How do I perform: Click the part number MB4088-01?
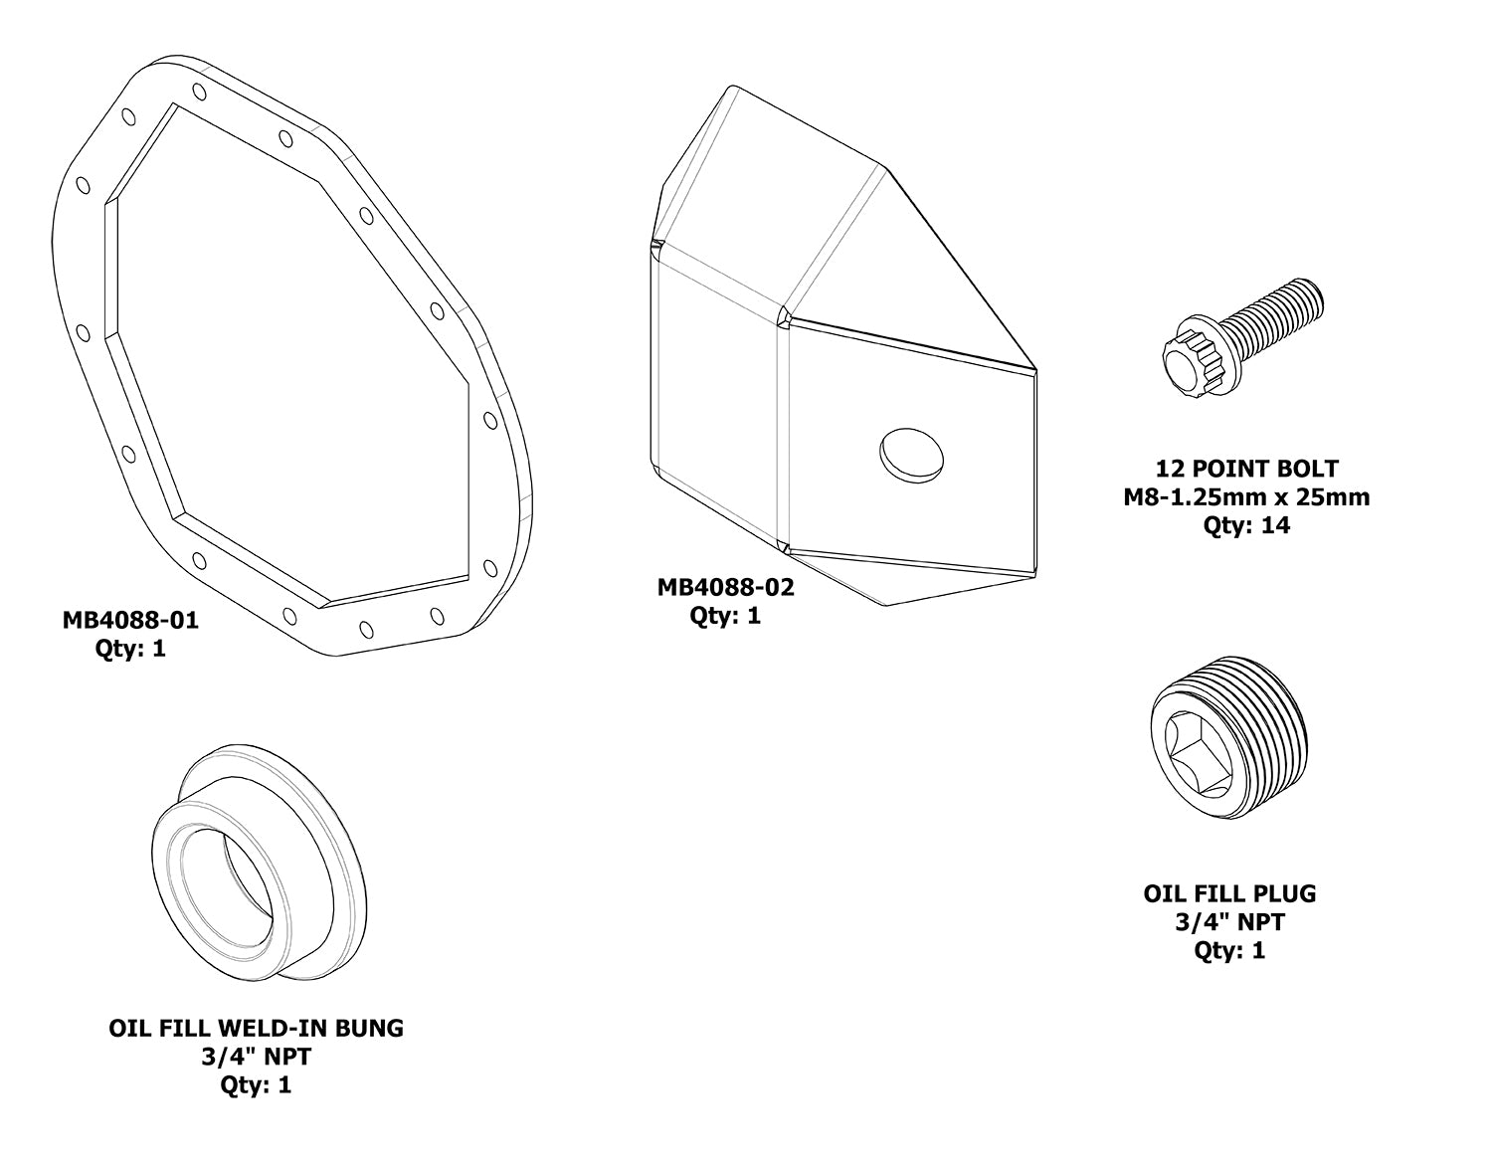point(130,621)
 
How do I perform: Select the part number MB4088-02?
point(725,587)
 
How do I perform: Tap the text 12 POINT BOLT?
point(1246,468)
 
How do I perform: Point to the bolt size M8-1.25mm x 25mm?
point(1246,496)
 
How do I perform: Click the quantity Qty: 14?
point(1246,525)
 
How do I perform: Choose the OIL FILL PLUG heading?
point(1229,893)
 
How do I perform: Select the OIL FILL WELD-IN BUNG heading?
point(257,1028)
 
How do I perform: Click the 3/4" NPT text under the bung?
point(257,1056)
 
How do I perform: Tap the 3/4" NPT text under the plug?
point(1229,922)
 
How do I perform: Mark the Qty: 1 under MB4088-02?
point(725,616)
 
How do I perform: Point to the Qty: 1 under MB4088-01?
point(130,650)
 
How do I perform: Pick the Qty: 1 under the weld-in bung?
point(257,1084)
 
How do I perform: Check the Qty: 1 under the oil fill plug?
point(1229,950)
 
